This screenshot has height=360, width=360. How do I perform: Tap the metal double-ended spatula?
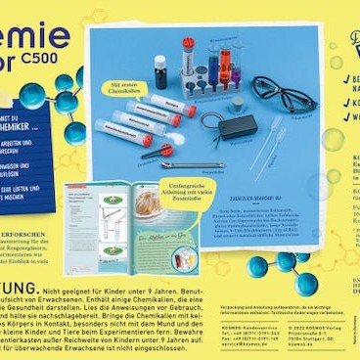[x=191, y=163]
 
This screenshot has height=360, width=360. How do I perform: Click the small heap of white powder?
[x=170, y=137]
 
